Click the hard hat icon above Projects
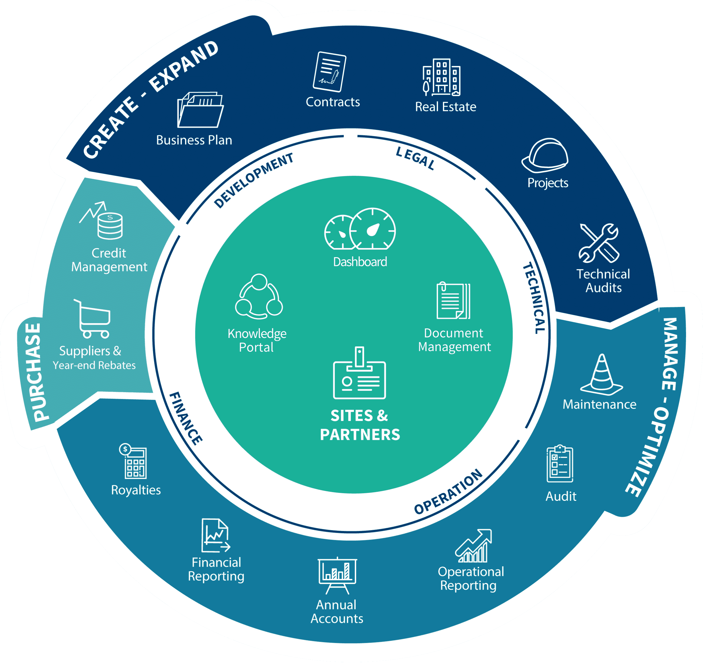tap(545, 156)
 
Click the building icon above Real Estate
tap(442, 77)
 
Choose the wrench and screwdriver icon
tap(599, 243)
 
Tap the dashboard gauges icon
tap(360, 229)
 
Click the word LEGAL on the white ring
tap(415, 158)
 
